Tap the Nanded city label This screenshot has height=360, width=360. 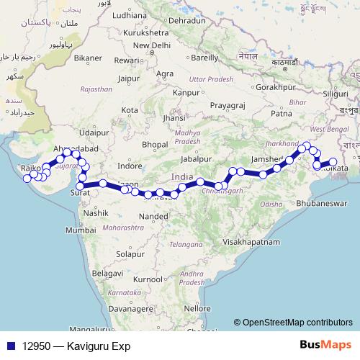pos(153,215)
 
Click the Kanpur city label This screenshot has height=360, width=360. pos(186,92)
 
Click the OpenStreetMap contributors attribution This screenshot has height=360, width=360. pos(297,323)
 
